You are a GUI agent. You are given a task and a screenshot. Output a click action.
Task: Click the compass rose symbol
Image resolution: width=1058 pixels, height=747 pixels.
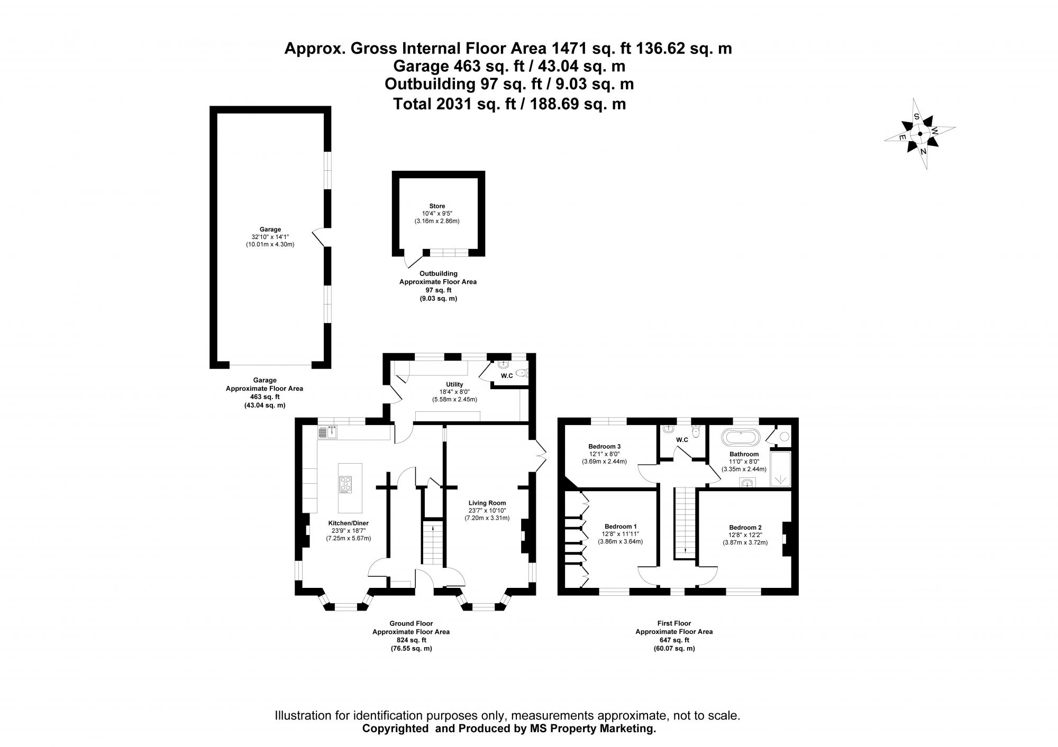(920, 134)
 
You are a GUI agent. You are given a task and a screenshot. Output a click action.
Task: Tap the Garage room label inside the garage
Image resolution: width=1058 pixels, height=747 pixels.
(270, 229)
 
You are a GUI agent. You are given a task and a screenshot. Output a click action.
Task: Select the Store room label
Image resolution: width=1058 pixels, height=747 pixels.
(437, 206)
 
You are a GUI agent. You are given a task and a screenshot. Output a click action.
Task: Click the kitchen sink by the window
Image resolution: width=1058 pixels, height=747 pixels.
(328, 433)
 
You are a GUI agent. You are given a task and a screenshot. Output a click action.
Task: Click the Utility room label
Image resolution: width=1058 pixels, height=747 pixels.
(454, 384)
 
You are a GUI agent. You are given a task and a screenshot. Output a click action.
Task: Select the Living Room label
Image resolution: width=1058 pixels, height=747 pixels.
(487, 503)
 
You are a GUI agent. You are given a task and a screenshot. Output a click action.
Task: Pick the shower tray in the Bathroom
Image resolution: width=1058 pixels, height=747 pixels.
(780, 468)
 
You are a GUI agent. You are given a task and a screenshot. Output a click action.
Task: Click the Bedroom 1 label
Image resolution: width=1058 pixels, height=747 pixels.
(621, 527)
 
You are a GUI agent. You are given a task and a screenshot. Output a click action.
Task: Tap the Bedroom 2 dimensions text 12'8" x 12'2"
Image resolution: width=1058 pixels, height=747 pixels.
(745, 534)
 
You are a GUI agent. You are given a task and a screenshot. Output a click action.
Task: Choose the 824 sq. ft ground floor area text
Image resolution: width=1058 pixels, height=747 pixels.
(411, 640)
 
